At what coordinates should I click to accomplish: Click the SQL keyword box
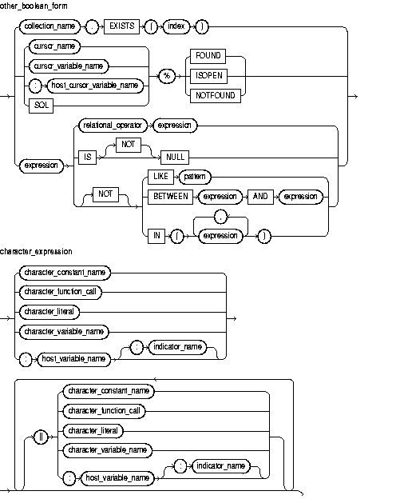click(35, 104)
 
